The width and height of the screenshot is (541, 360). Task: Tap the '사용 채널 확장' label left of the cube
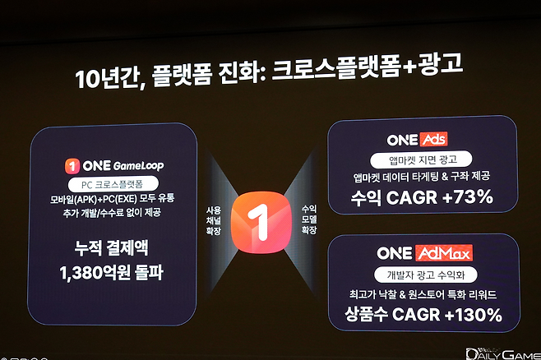[214, 221]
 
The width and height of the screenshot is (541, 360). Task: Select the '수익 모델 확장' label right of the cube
[308, 220]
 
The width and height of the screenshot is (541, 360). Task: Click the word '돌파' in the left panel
[146, 273]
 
